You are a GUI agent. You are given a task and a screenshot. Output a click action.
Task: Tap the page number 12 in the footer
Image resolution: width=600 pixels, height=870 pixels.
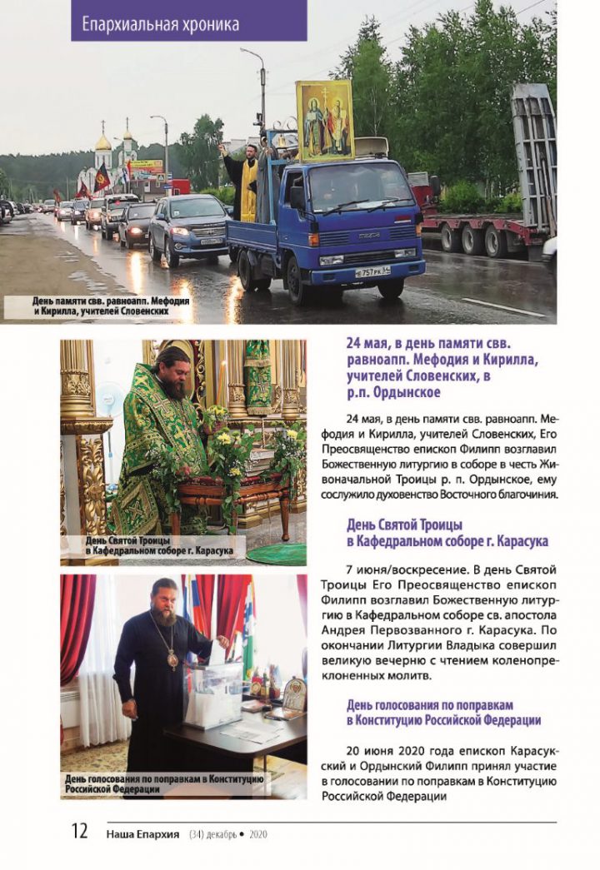[79, 831]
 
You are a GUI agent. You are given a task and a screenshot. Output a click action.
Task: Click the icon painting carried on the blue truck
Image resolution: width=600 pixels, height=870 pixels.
[325, 120]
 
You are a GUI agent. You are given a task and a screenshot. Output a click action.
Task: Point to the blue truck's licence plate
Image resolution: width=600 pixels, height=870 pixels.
[372, 271]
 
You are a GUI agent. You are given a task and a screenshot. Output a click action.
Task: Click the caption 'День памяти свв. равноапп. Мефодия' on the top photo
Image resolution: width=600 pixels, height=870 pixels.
[101, 301]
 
